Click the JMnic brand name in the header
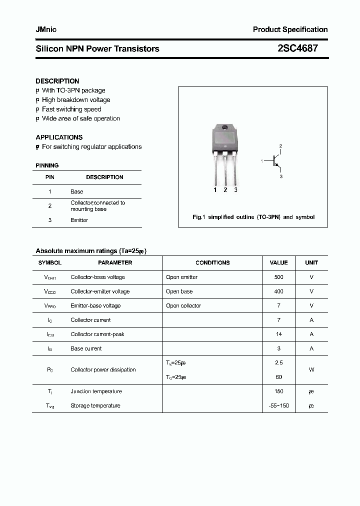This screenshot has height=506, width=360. (46, 29)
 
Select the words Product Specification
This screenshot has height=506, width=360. (290, 29)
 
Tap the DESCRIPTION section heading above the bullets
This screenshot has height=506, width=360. (57, 81)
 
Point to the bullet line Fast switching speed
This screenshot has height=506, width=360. (71, 109)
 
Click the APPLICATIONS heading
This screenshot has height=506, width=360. (59, 137)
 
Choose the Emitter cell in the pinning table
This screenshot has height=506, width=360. (79, 220)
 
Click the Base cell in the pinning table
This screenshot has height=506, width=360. (76, 191)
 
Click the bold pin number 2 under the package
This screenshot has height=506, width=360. (225, 190)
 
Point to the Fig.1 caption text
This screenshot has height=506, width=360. (253, 217)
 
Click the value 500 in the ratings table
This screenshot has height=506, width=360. (278, 277)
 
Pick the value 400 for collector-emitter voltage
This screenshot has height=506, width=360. (278, 291)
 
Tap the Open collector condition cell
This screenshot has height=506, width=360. (183, 305)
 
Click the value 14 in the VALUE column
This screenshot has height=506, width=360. (278, 334)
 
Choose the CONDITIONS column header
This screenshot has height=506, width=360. (212, 262)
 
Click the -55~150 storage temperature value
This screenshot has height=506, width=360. (278, 405)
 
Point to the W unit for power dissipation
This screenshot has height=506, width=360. (311, 370)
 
